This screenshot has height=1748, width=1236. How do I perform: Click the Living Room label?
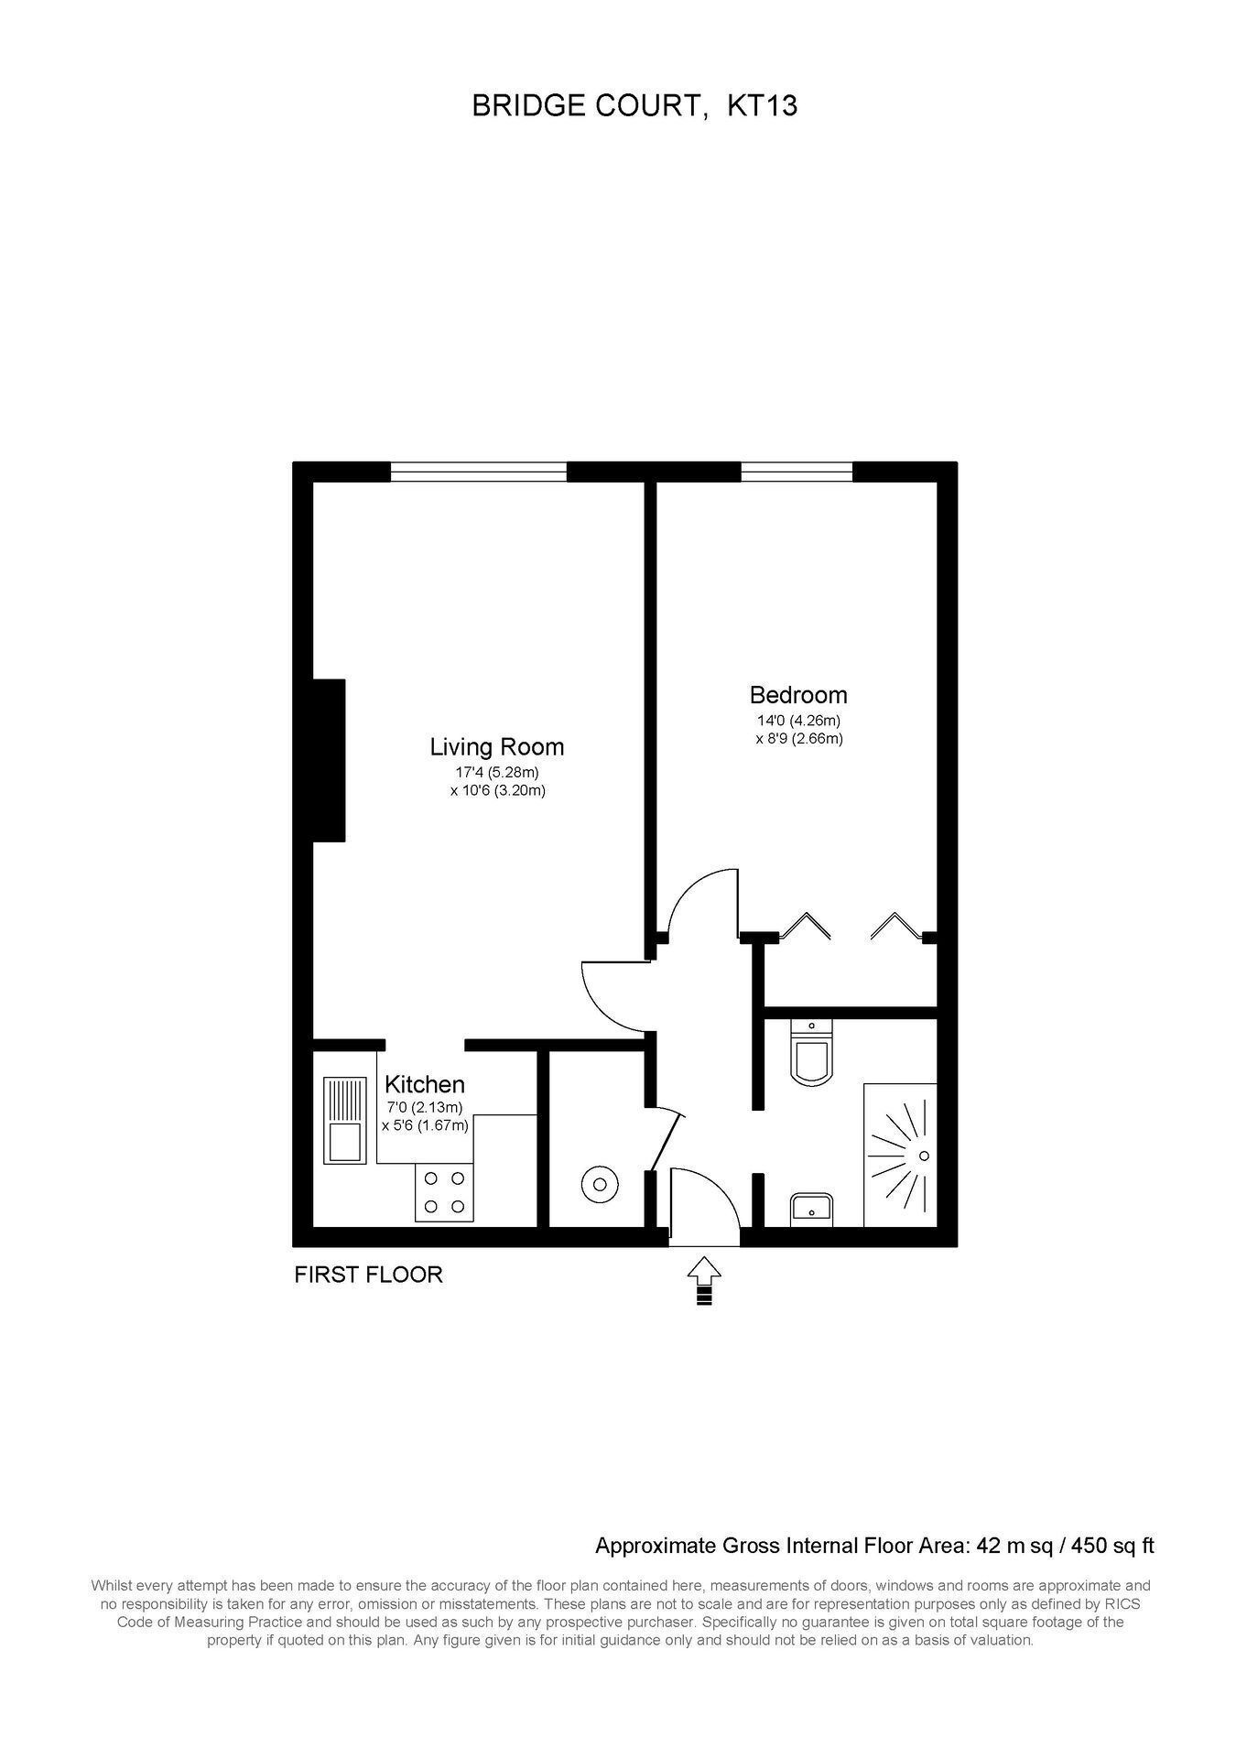coord(497,747)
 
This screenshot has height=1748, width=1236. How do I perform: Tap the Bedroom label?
coord(798,695)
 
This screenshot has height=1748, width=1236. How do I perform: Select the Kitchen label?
coord(425,1085)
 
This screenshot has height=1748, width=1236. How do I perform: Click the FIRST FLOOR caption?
coord(368,1275)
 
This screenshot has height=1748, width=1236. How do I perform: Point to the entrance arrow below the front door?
coord(704,1279)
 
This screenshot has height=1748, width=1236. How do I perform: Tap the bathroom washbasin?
coord(811,1209)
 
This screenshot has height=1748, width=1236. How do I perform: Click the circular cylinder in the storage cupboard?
coord(600,1185)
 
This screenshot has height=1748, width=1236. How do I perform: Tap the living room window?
coord(479,472)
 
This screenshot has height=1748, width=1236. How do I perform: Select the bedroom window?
coord(797,472)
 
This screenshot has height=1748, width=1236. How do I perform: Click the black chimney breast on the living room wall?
coord(329,760)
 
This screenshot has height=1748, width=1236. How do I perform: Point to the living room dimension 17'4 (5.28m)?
coord(497,773)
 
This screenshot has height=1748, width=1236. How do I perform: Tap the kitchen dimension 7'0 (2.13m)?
coord(425,1108)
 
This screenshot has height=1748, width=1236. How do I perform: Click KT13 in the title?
coord(762,106)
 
